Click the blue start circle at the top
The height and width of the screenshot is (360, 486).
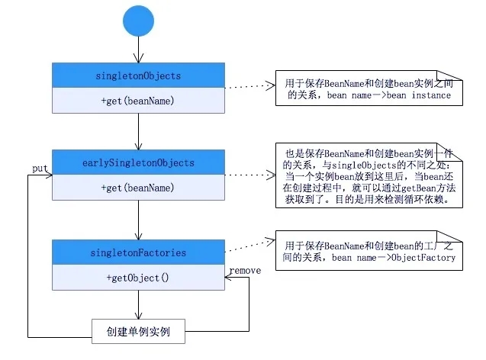(x=138, y=22)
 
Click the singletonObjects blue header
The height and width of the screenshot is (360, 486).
(x=138, y=76)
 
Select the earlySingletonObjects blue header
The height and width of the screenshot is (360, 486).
(x=138, y=162)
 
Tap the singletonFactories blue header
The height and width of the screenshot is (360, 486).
(x=138, y=252)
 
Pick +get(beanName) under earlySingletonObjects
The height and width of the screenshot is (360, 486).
(x=138, y=188)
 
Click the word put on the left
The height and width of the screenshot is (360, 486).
(x=40, y=167)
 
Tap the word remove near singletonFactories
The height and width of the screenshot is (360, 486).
(x=245, y=269)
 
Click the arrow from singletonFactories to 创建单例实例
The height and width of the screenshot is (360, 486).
(x=138, y=304)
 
